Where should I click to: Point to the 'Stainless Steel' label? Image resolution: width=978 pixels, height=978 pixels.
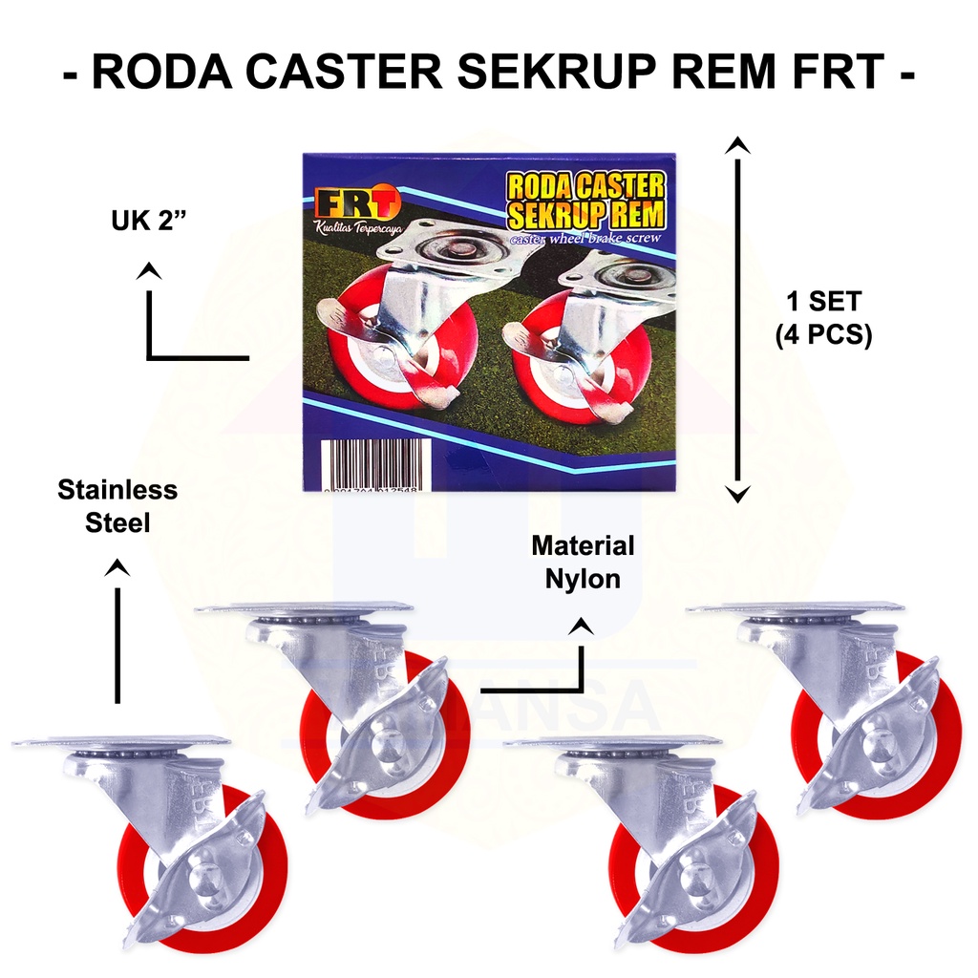117,506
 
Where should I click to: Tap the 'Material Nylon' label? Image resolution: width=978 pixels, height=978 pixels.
583,562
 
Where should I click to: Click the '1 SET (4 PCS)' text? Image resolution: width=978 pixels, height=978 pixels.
824,319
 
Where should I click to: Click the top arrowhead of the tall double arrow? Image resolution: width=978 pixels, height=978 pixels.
736,145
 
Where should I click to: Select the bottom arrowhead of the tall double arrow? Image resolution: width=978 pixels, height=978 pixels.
736,493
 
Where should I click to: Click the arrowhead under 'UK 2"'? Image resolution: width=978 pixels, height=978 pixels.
147,271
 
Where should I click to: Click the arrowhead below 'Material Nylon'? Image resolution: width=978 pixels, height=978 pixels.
582,627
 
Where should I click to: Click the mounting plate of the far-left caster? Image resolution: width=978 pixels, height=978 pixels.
122,742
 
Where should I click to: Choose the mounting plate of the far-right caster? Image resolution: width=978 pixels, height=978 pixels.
796,607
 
